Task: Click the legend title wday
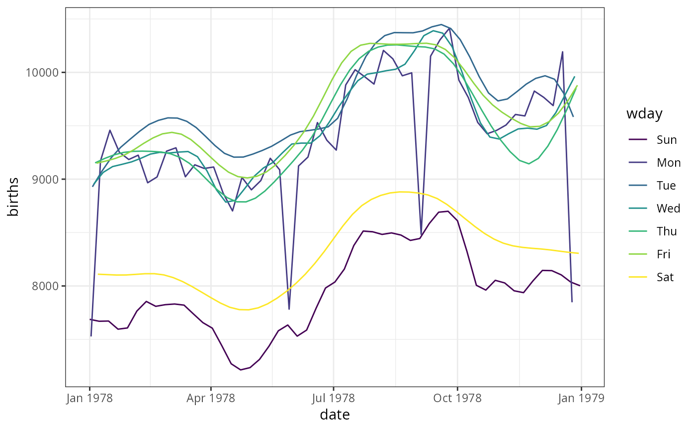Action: (644, 114)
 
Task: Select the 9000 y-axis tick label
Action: (46, 180)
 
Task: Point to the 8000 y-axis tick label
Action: (46, 287)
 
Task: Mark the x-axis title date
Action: (335, 415)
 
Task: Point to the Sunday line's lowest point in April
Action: (241, 370)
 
